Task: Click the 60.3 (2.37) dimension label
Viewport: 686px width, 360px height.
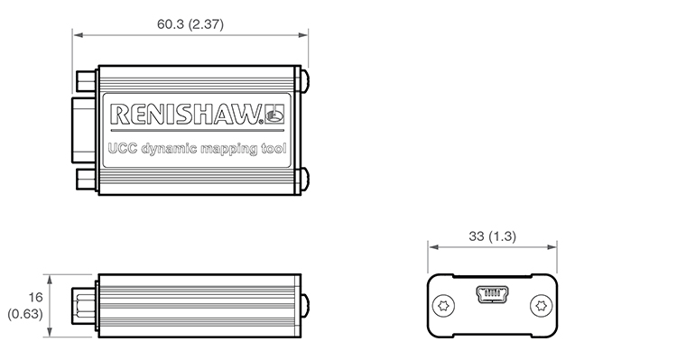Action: click(x=190, y=24)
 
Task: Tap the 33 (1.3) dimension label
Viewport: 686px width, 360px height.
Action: click(x=492, y=236)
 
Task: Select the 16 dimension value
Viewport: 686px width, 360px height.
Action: click(x=35, y=298)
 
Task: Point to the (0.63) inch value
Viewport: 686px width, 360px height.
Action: click(x=25, y=314)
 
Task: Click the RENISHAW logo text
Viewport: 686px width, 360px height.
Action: click(x=186, y=115)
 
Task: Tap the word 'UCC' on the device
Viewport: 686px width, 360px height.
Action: click(x=123, y=148)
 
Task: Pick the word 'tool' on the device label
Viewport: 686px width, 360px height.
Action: click(x=273, y=148)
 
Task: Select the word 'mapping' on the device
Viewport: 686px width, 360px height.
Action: click(x=229, y=150)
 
